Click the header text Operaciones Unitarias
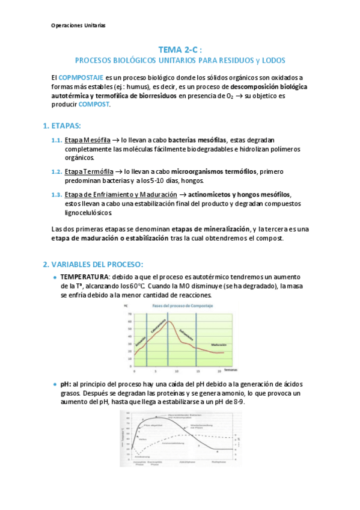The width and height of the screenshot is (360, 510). coord(78,26)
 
